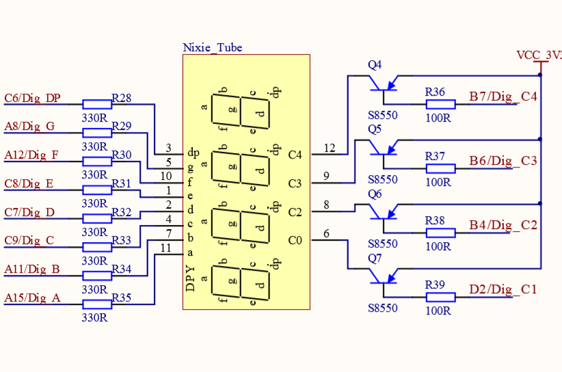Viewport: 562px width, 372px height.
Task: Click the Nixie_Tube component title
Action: (213, 48)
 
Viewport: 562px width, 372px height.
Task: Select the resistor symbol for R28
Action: (97, 104)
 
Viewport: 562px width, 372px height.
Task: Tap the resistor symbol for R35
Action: (97, 304)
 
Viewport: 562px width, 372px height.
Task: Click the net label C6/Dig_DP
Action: (32, 98)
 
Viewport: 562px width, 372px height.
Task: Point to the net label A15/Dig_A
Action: (32, 298)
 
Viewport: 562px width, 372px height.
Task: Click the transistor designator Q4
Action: (375, 65)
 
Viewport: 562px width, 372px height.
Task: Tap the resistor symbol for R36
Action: (440, 104)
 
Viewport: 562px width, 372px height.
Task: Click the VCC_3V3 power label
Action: (539, 55)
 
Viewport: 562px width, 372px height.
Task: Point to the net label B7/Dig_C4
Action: (503, 96)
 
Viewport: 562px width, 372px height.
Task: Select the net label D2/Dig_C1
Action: (503, 289)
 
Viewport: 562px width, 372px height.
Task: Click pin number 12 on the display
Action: (330, 148)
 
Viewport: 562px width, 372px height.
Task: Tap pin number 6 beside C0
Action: (327, 234)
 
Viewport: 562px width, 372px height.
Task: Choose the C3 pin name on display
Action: (295, 183)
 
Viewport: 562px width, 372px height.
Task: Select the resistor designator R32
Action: (121, 213)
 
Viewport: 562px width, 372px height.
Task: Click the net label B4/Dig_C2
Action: (503, 225)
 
